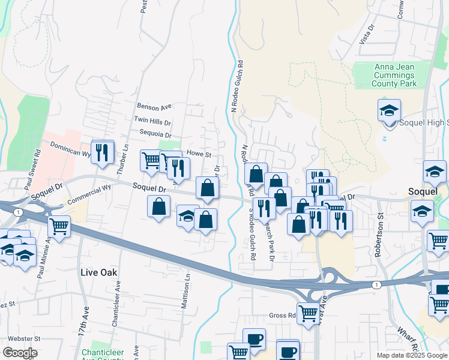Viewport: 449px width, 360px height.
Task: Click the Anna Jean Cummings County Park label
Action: [x=394, y=76]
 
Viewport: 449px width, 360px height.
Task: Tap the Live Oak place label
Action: [x=99, y=272]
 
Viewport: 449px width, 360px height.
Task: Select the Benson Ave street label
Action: [x=154, y=107]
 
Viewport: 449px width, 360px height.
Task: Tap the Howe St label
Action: [x=200, y=154]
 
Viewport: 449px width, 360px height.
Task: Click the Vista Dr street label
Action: [x=367, y=35]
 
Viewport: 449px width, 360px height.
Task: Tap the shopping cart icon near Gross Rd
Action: [x=308, y=312]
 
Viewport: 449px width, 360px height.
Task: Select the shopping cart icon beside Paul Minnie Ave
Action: [x=59, y=227]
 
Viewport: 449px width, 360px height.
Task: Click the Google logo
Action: [x=20, y=353]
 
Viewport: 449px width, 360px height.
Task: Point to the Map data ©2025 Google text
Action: [x=412, y=355]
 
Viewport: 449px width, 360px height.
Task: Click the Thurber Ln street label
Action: [x=126, y=155]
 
